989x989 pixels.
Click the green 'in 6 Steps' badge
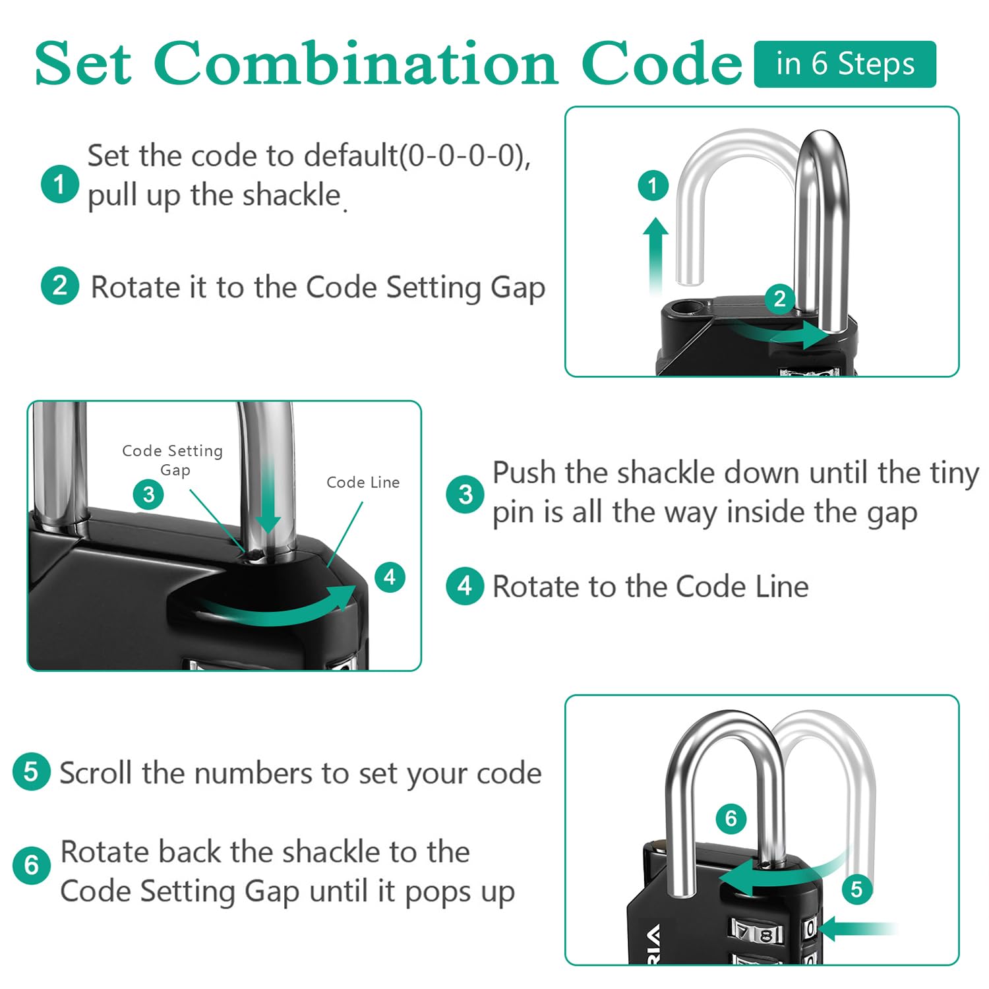[x=845, y=64]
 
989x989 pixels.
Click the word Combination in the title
[x=356, y=64]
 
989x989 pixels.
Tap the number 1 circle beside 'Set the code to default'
[x=59, y=184]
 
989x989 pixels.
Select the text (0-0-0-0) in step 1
[x=462, y=156]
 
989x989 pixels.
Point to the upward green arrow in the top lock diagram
[x=655, y=257]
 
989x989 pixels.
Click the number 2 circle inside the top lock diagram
[x=779, y=299]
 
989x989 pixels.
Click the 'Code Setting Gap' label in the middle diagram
[x=173, y=460]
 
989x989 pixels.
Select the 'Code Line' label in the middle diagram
[x=363, y=483]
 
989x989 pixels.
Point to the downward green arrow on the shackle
[x=268, y=494]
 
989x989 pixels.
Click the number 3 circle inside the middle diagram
[x=148, y=494]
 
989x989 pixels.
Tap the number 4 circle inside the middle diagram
[x=390, y=577]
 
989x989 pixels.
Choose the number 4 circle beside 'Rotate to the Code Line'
[x=465, y=586]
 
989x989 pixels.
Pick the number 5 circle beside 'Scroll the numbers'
[x=31, y=771]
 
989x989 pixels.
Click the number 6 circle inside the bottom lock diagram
[x=731, y=818]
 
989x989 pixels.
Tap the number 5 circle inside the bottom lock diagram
[x=856, y=889]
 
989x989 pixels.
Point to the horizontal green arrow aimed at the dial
[x=857, y=928]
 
